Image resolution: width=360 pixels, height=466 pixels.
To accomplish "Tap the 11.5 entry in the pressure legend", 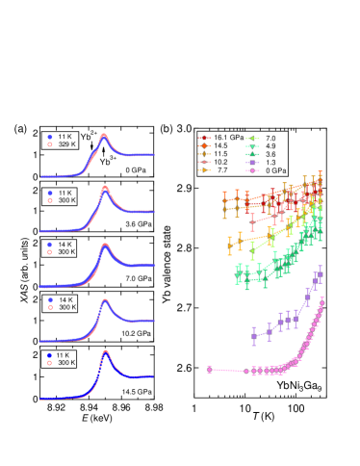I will pyautogui.click(x=220, y=154).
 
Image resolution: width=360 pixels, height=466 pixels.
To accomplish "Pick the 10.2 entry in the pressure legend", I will pyautogui.click(x=220, y=162).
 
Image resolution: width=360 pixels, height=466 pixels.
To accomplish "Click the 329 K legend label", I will pyautogui.click(x=66, y=144).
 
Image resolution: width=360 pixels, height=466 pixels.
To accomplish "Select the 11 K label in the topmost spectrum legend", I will pyautogui.click(x=64, y=137).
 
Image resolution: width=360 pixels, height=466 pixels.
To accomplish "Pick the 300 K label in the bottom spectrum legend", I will pyautogui.click(x=66, y=363).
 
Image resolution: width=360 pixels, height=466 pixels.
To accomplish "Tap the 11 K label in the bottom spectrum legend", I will pyautogui.click(x=64, y=355).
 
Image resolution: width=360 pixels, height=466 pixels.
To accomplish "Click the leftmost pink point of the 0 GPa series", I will pyautogui.click(x=209, y=369).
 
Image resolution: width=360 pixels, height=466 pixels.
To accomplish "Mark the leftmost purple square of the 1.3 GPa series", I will pyautogui.click(x=254, y=336).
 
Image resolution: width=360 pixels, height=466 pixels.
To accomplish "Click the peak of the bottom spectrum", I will pyautogui.click(x=104, y=353).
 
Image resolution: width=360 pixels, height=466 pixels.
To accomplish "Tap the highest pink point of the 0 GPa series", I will pyautogui.click(x=321, y=298).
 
